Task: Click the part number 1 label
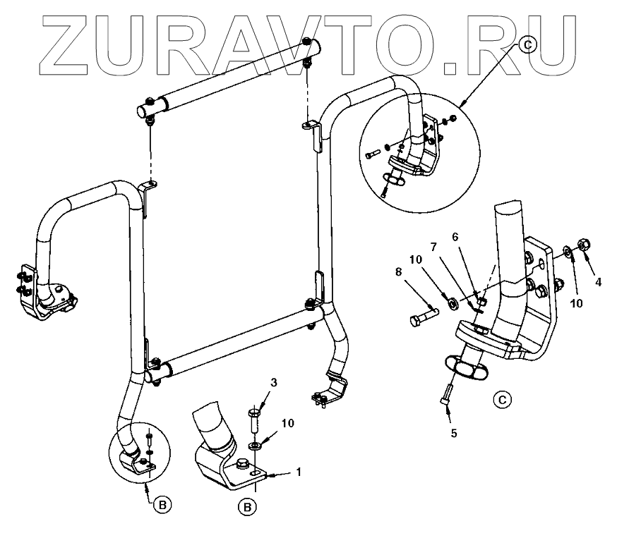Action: [x=299, y=472]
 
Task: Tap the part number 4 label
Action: [x=598, y=281]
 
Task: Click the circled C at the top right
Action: [x=529, y=45]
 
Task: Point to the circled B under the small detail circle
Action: [x=161, y=505]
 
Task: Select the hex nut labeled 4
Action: [x=583, y=245]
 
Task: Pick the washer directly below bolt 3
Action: [x=253, y=446]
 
